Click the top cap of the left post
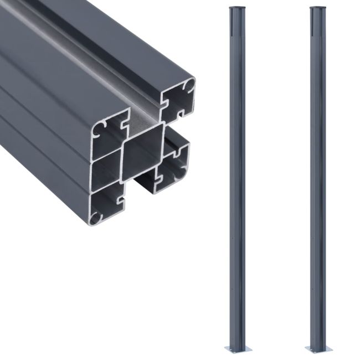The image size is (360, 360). (x=236, y=9)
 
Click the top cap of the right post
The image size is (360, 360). (x=317, y=9)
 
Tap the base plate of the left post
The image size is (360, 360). (x=236, y=349)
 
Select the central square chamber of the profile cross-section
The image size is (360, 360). (x=142, y=152)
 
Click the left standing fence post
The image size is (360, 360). (x=236, y=177)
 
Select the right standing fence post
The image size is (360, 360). (x=317, y=177)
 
